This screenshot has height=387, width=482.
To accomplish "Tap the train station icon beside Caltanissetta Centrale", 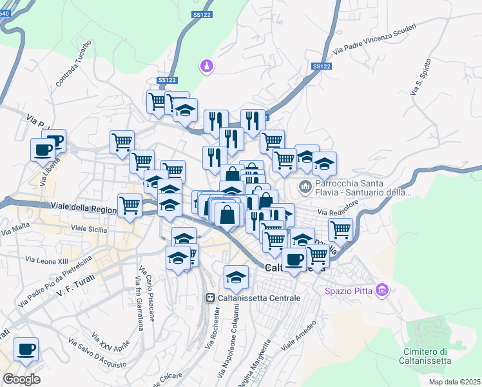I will (x=210, y=298).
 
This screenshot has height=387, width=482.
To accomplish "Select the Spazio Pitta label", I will (x=350, y=290).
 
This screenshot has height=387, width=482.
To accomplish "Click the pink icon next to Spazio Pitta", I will (x=383, y=290).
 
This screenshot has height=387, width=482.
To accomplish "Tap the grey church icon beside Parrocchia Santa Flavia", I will (x=305, y=188).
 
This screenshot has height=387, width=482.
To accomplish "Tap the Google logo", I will (x=21, y=379).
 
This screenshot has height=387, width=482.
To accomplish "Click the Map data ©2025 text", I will (x=454, y=382).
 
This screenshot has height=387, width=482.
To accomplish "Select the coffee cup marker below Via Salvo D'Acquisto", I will (x=26, y=350).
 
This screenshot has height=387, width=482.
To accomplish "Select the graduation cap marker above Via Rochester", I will (x=236, y=277).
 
